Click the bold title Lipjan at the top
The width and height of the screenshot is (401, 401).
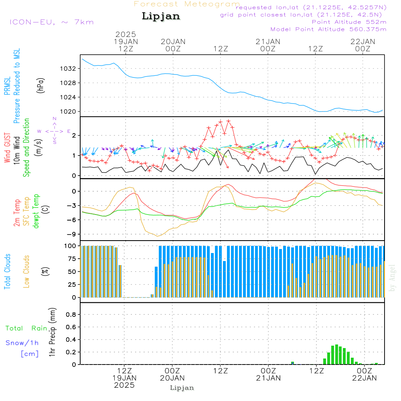pyautogui.click(x=161, y=16)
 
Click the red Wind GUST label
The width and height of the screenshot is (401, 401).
pyautogui.click(x=8, y=148)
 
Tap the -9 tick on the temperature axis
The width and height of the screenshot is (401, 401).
pyautogui.click(x=72, y=234)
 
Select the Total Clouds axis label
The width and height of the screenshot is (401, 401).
pyautogui.click(x=8, y=271)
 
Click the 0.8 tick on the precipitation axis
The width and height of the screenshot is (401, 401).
pyautogui.click(x=71, y=315)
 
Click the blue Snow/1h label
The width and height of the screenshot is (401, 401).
pyautogui.click(x=22, y=343)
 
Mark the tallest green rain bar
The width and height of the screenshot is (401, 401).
pyautogui.click(x=336, y=354)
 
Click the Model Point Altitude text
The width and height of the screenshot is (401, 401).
pyautogui.click(x=328, y=29)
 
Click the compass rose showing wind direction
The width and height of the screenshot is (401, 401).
pyautogui.click(x=54, y=131)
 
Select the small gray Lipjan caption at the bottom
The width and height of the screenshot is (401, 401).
pyautogui.click(x=182, y=388)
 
